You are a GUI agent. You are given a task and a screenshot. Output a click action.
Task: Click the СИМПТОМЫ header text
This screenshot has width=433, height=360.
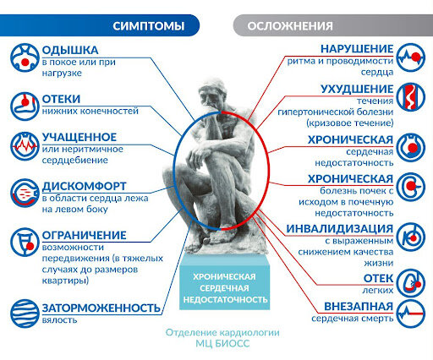(x=149, y=26)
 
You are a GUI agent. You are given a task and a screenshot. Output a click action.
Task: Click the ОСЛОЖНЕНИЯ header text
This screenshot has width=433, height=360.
(x=290, y=26)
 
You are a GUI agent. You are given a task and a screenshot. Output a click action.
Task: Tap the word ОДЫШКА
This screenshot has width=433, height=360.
(x=70, y=50)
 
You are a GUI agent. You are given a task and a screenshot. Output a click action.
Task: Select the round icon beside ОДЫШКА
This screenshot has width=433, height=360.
(x=25, y=57)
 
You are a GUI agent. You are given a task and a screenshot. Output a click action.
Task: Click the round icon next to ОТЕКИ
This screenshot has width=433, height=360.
(x=25, y=106)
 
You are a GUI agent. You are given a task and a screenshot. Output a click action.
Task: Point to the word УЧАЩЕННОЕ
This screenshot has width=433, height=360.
(x=79, y=137)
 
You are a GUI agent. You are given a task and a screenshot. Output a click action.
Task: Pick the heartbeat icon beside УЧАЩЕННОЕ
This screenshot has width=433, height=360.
(x=25, y=146)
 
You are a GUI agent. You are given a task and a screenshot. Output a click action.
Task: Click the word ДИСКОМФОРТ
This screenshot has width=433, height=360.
(x=84, y=186)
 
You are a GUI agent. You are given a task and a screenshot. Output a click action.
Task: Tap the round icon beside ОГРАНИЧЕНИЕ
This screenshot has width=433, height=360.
(x=25, y=243)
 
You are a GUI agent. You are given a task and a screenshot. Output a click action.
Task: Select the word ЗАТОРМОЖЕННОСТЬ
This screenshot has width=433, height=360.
(x=101, y=308)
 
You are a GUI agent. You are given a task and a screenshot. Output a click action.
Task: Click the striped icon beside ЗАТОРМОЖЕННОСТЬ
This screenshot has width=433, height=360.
(x=25, y=314)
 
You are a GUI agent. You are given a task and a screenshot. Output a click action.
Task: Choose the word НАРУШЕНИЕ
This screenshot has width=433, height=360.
(x=357, y=49)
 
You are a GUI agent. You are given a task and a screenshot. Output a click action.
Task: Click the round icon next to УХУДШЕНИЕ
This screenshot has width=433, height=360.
(x=410, y=97)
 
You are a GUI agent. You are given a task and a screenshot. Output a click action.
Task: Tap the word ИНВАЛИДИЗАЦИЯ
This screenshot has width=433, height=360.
(x=340, y=229)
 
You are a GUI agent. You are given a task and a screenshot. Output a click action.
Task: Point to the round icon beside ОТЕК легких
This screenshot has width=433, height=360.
(x=410, y=283)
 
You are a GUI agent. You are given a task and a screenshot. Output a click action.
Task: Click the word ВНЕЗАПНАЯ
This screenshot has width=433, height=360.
(x=359, y=307)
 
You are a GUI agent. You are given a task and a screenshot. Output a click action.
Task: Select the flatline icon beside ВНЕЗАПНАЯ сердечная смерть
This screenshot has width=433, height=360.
(x=410, y=314)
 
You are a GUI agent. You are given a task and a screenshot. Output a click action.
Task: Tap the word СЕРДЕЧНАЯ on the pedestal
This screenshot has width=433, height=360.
(x=224, y=288)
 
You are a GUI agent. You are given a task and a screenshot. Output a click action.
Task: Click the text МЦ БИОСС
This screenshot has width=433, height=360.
(x=222, y=344)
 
